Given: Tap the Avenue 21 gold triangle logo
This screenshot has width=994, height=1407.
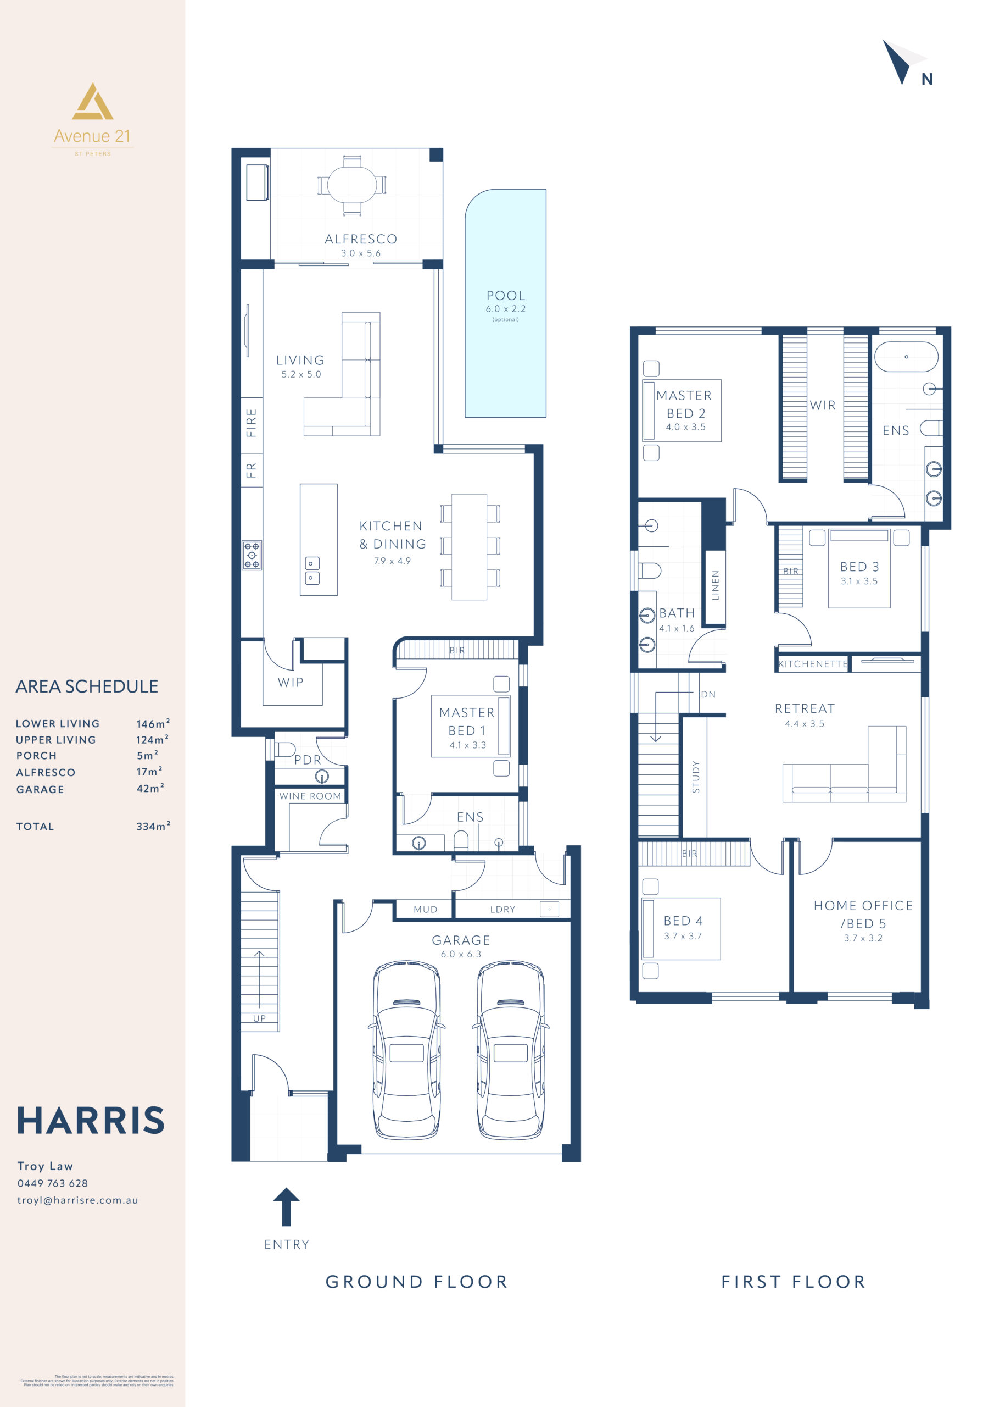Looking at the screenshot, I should (x=92, y=103).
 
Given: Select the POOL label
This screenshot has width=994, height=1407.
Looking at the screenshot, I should (x=505, y=295).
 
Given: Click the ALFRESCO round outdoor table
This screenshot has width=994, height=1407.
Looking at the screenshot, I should (x=351, y=185).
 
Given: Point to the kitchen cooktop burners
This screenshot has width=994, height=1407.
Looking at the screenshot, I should (x=252, y=555).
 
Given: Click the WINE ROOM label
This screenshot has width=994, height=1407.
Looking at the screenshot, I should (x=310, y=796).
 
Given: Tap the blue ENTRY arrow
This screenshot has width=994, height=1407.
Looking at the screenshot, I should (x=286, y=1206).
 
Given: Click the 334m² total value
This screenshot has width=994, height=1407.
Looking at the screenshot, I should (x=153, y=826).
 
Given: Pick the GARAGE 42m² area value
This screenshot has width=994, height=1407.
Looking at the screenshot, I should (x=149, y=789).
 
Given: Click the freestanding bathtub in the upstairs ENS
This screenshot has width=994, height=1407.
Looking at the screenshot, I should (x=906, y=357).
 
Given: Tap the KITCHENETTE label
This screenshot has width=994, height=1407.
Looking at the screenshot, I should (x=813, y=664).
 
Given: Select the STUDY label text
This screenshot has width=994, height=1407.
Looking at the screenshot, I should (x=695, y=777).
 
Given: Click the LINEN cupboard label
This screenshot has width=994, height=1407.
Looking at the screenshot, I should (x=714, y=585).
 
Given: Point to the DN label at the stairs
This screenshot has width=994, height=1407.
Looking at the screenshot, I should (x=708, y=694).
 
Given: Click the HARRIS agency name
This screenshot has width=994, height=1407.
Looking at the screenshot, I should (x=91, y=1120).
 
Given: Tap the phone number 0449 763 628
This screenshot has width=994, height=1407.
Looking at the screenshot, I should (x=53, y=1183).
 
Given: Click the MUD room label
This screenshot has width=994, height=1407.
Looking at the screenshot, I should (x=425, y=910).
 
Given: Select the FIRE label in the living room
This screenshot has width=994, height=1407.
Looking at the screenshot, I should (x=251, y=423).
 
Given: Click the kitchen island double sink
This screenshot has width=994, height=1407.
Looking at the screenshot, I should (x=312, y=570).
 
